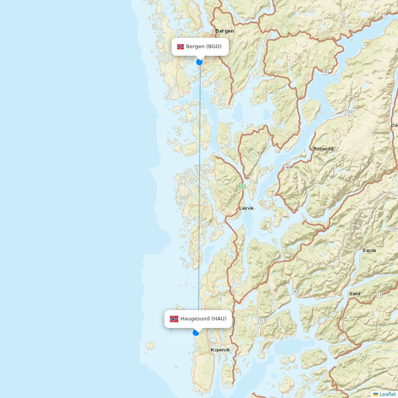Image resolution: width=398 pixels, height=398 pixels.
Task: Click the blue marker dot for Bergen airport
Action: [x=199, y=62]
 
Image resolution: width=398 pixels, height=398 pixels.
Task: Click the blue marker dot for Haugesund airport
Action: [x=196, y=332]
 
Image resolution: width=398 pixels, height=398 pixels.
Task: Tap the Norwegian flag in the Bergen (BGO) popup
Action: [x=181, y=47]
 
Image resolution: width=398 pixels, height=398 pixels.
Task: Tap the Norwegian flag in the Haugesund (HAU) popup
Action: [x=174, y=319]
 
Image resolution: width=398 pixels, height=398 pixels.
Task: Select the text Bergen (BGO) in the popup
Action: [x=204, y=47]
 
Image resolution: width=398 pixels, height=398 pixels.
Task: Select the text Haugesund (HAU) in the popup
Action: [x=203, y=319]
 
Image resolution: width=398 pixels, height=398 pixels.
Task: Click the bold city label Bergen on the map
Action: [x=224, y=31]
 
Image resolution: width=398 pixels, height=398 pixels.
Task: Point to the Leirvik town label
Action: [x=246, y=208]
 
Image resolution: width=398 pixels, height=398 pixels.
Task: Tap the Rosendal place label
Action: [x=324, y=149]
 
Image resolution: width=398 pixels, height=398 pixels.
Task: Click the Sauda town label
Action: [x=369, y=250]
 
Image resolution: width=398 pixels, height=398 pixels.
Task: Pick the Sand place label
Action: [x=355, y=294]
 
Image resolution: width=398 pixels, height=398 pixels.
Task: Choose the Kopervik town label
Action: [x=220, y=350]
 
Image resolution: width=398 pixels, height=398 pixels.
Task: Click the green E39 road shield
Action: [x=242, y=186]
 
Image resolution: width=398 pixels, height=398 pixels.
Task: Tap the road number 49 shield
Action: [x=326, y=72]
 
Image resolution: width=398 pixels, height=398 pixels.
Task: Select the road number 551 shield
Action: [x=349, y=113]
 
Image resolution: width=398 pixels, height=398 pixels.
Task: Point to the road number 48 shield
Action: [x=287, y=168]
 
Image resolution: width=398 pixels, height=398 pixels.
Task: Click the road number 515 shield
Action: [x=262, y=320]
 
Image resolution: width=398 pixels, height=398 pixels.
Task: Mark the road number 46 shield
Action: [x=295, y=292]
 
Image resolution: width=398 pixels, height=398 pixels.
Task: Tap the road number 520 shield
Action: [x=393, y=228]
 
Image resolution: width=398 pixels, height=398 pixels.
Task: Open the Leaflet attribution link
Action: [x=387, y=394]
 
